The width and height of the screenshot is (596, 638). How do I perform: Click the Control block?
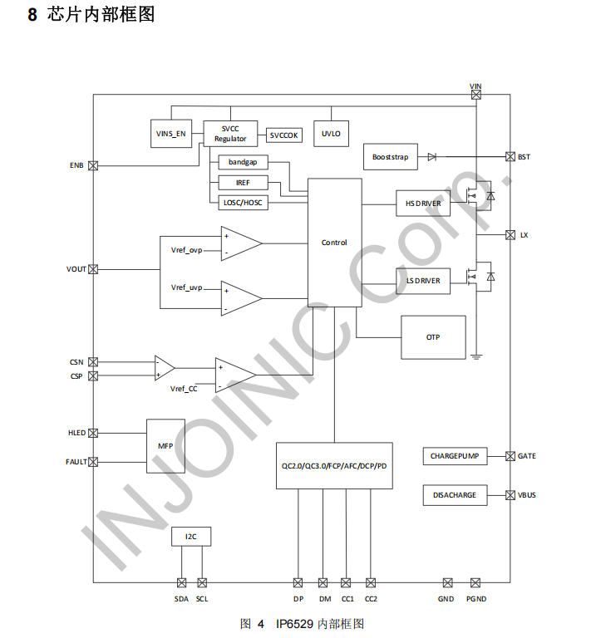point(334,243)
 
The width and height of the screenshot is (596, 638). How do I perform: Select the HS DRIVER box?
point(423,204)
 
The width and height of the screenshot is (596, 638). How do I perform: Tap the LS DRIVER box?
point(423,282)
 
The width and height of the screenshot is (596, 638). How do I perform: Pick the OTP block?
point(433,337)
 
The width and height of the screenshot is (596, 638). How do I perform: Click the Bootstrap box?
point(390,157)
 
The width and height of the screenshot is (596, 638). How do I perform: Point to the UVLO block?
point(331,134)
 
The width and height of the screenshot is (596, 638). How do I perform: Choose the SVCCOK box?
point(284,135)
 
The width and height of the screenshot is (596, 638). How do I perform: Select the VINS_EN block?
point(171,134)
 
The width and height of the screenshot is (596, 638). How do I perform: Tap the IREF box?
point(242,182)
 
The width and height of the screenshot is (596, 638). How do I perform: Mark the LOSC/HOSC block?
point(242,202)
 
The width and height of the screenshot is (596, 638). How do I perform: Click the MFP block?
point(165,446)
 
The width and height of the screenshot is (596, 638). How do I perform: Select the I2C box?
point(191,537)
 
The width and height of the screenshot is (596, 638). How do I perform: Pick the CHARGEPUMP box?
point(454,456)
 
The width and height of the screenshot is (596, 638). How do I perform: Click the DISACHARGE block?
point(454,495)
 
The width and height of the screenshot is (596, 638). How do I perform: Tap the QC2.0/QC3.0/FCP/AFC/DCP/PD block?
point(334,466)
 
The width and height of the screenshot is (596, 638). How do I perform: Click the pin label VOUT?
point(76,269)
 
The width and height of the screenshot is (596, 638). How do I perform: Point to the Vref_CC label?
point(184,389)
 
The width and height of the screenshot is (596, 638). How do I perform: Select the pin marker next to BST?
point(510,156)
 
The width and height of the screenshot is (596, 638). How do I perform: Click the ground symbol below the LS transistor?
point(476,357)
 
